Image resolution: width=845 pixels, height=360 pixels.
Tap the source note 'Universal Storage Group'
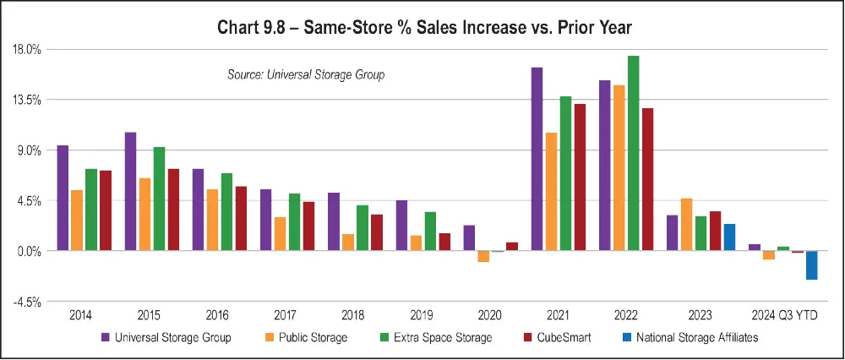pos(306,75)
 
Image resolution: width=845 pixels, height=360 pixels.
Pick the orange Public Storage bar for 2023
pos(686,225)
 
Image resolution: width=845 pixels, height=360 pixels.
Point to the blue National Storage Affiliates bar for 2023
pos(729,237)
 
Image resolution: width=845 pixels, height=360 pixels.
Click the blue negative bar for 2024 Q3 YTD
pos(811,265)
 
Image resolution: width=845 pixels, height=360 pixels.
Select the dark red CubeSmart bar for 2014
pos(106,210)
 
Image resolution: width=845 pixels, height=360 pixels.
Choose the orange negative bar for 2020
pos(483,256)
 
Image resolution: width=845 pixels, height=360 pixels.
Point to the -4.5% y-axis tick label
pos(28,302)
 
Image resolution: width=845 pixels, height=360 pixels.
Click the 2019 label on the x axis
pos(421,315)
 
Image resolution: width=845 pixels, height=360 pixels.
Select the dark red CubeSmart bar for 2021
pos(580,177)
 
